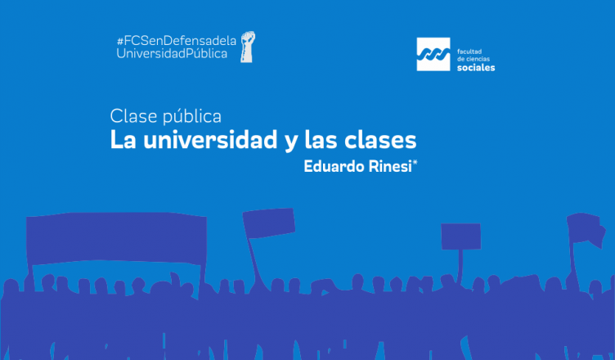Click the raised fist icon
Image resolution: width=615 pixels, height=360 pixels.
tap(248, 47)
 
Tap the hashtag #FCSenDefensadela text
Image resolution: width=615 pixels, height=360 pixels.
tap(177, 40)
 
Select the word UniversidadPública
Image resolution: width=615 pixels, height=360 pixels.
tap(172, 53)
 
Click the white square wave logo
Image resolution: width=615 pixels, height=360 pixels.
tap(433, 54)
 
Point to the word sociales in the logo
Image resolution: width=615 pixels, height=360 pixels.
tap(476, 68)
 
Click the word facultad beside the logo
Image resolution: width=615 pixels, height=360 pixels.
tap(469, 52)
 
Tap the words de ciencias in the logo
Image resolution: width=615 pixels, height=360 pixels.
tap(474, 59)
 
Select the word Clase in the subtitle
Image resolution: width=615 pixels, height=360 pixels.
tap(133, 116)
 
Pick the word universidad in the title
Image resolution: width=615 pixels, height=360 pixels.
tap(210, 140)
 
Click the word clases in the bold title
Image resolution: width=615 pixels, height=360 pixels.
tap(380, 140)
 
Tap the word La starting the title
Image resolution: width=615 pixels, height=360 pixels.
tap(123, 140)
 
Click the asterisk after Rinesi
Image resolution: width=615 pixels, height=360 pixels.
tap(415, 162)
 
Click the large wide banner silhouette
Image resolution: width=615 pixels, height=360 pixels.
tap(116, 238)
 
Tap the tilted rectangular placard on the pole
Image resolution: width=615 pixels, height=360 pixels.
tap(269, 223)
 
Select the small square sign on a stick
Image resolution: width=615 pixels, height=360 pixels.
tap(461, 236)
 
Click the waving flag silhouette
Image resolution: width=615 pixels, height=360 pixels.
tap(586, 229)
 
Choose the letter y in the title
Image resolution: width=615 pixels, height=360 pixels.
tap(291, 142)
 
